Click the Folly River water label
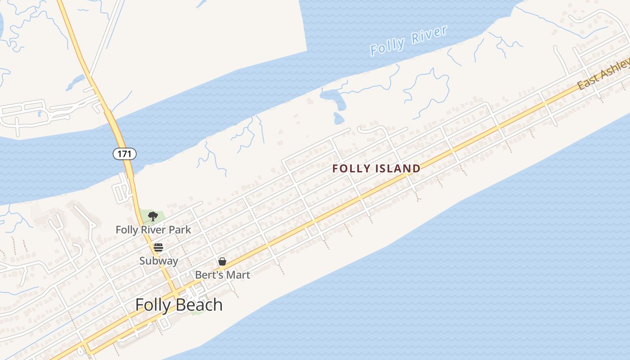[x=409, y=41]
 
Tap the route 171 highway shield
[x=124, y=154]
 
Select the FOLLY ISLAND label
[x=376, y=169]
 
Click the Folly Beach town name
[x=179, y=305]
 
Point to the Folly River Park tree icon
[x=153, y=216]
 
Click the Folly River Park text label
[x=153, y=230]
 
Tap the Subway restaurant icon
[x=158, y=247]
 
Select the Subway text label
[x=158, y=261]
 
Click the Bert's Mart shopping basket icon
[x=222, y=261]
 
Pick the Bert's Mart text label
[x=222, y=275]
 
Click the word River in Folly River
[x=428, y=36]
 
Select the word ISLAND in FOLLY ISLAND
[x=398, y=169]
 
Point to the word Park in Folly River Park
[x=180, y=230]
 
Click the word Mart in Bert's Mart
[x=238, y=275]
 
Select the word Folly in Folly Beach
[x=153, y=305]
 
